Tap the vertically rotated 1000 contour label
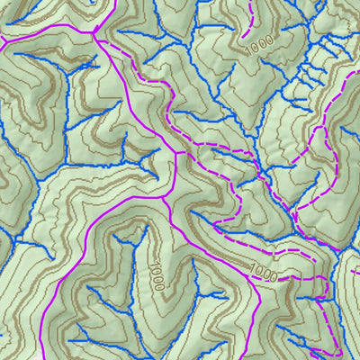[157, 275]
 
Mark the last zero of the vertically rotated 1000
[160, 287]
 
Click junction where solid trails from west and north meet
[94, 34]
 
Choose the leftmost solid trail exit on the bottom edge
[42, 358]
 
